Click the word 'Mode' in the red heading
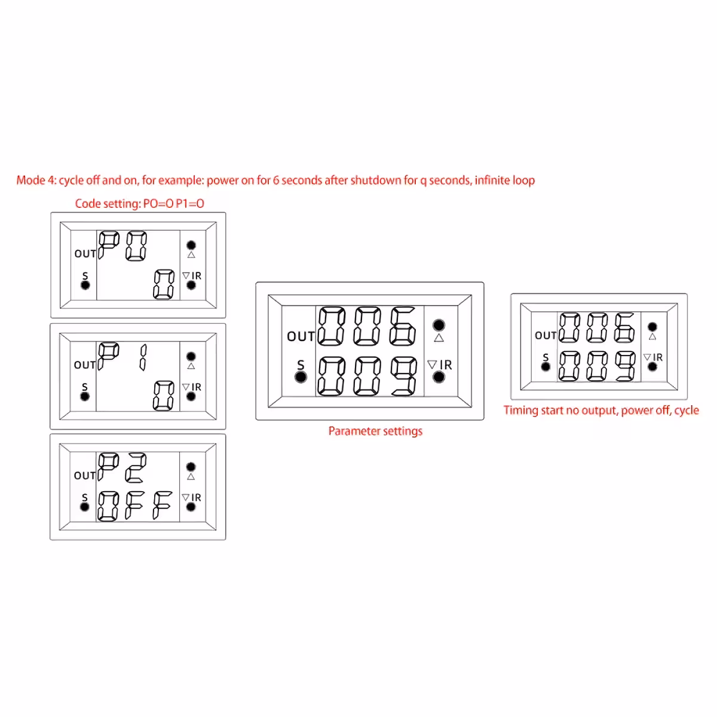(x=30, y=180)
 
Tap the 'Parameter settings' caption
(x=375, y=431)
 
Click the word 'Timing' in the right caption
(x=520, y=410)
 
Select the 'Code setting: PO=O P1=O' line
(x=139, y=204)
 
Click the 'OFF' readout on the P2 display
(x=135, y=505)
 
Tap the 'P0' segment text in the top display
(x=122, y=246)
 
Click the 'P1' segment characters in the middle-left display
(x=122, y=357)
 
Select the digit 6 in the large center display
(x=403, y=326)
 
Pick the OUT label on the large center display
(x=301, y=336)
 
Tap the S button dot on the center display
(x=301, y=377)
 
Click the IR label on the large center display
(x=446, y=365)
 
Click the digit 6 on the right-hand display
(x=624, y=328)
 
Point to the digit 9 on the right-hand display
(x=624, y=366)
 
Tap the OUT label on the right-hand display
(x=546, y=336)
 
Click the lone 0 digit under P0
(x=164, y=284)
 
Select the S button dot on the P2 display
(x=85, y=507)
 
